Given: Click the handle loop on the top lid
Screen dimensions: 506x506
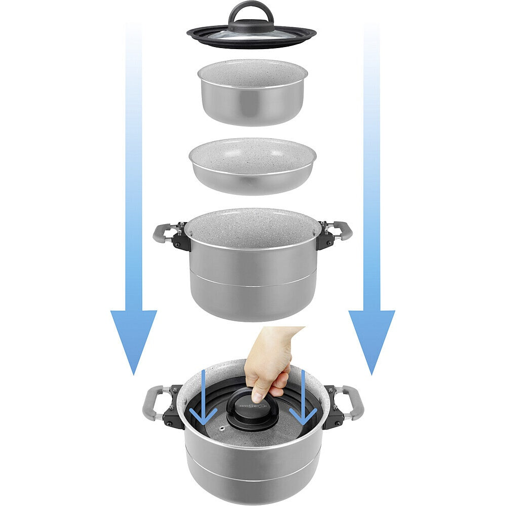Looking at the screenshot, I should pyautogui.click(x=251, y=11).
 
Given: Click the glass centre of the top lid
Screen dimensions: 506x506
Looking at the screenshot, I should pyautogui.click(x=251, y=34).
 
